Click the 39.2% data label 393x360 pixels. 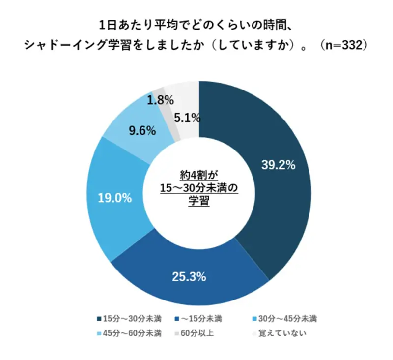pyautogui.click(x=278, y=166)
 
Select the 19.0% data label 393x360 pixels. pyautogui.click(x=114, y=198)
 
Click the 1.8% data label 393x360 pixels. pyautogui.click(x=161, y=100)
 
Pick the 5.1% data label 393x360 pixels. pyautogui.click(x=187, y=118)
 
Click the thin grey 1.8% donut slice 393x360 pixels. pyautogui.click(x=160, y=90)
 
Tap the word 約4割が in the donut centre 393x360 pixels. pyautogui.click(x=198, y=175)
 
